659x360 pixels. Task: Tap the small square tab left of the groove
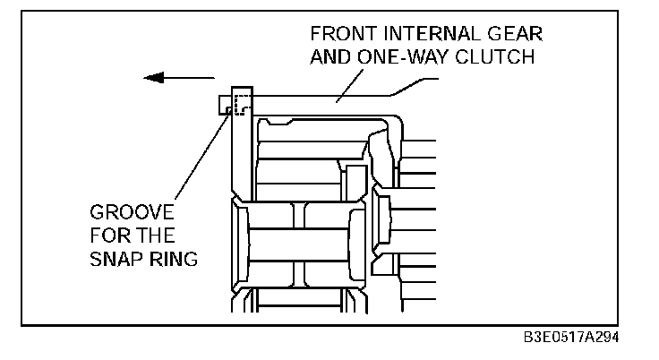tap(224, 106)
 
